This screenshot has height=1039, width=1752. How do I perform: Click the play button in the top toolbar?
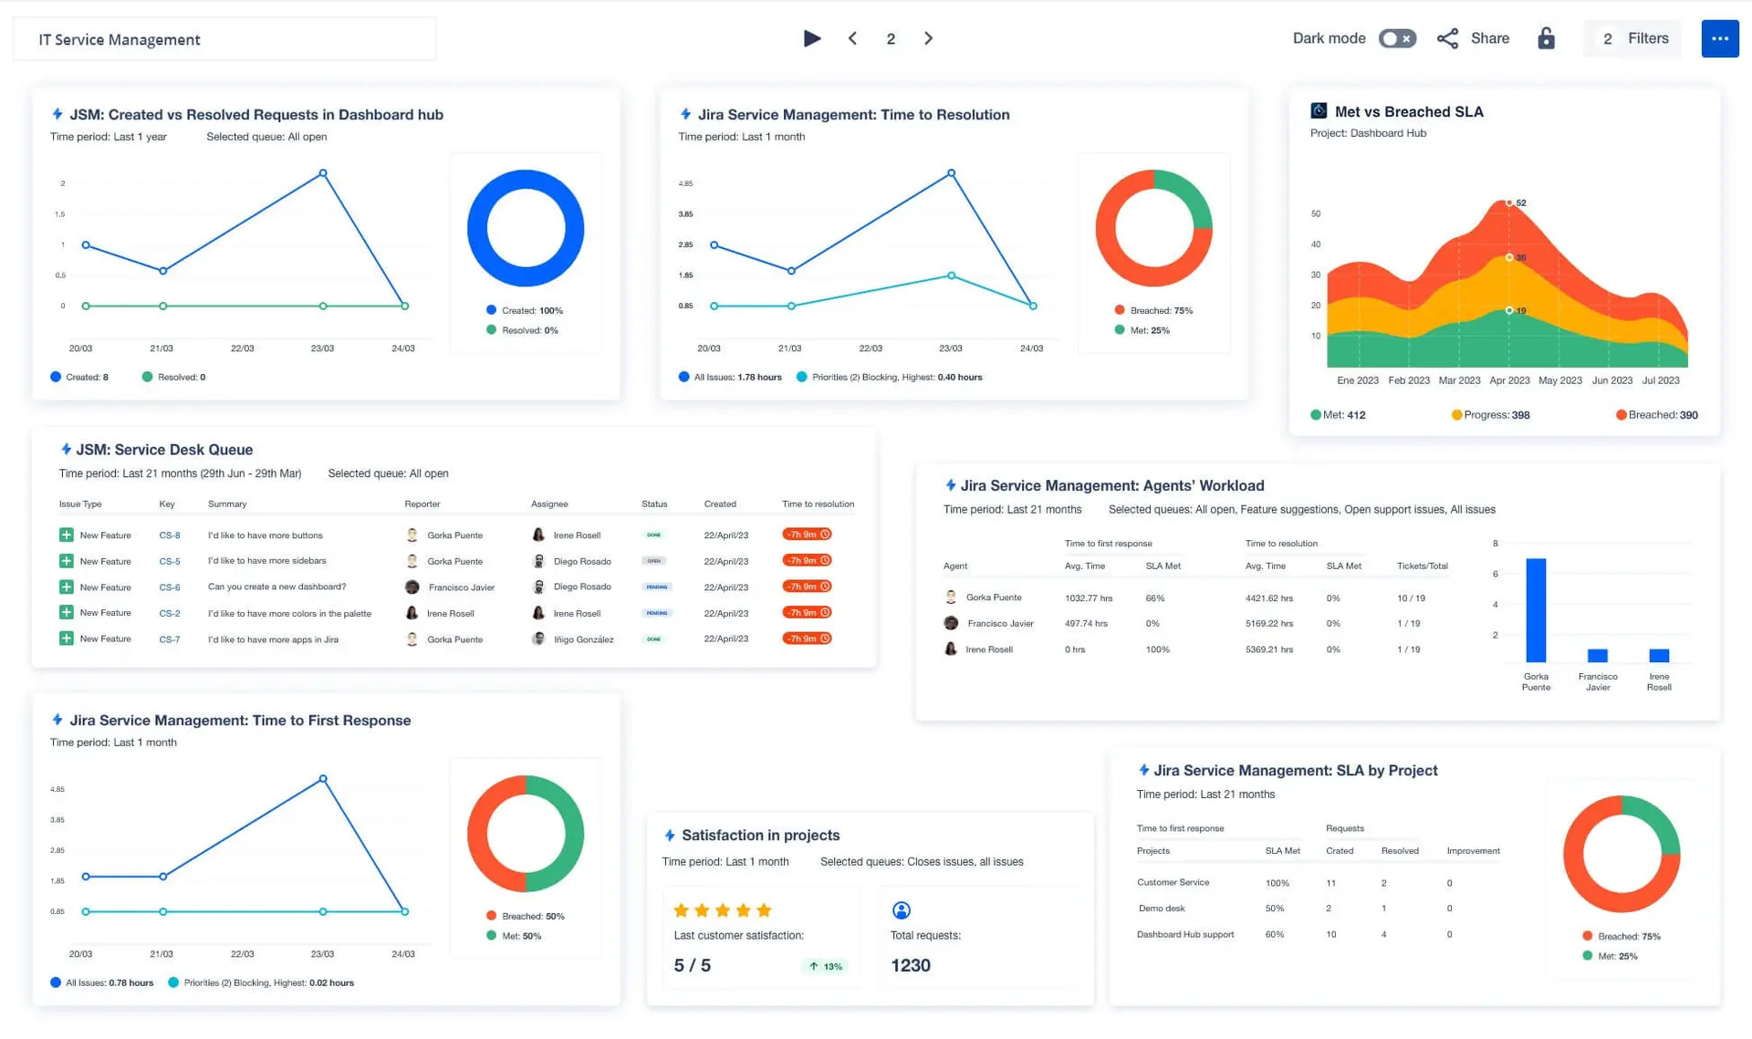(x=811, y=38)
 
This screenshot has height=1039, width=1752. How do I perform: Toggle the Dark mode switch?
(x=1396, y=38)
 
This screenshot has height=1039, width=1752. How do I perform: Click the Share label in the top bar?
(x=1489, y=38)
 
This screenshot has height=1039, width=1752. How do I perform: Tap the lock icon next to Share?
(x=1546, y=38)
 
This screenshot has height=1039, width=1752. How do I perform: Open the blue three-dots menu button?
(x=1719, y=38)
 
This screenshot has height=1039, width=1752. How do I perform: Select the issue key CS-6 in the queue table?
(x=170, y=587)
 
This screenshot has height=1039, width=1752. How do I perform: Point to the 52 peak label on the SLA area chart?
(x=1520, y=203)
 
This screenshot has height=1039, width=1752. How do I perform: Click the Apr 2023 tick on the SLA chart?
(x=1509, y=380)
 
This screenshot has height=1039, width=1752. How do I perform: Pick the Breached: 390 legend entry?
(x=1657, y=415)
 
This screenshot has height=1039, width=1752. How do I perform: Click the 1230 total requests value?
(x=910, y=965)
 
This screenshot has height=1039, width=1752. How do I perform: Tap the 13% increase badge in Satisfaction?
(x=826, y=966)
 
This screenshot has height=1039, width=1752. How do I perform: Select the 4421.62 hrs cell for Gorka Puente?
(x=1268, y=598)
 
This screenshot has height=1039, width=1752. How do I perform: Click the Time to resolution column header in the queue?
(x=818, y=504)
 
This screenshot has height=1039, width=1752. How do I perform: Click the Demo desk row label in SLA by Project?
(x=1162, y=909)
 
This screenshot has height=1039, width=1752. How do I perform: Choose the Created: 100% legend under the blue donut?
(x=526, y=310)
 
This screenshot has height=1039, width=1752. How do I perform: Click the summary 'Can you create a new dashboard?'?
(x=276, y=587)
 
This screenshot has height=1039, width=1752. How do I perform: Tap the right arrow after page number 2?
(x=928, y=38)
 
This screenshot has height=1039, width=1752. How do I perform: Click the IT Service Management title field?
(x=224, y=39)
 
